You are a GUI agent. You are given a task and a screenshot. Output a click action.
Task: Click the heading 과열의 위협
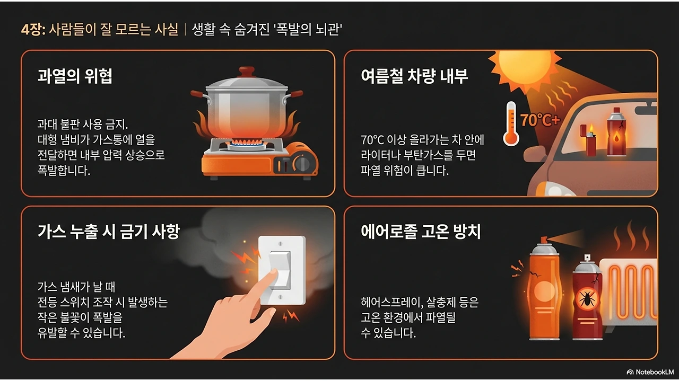pos(75,76)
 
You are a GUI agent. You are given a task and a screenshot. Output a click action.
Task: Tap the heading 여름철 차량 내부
pos(414,76)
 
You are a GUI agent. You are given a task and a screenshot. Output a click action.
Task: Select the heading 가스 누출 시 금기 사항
pos(109,231)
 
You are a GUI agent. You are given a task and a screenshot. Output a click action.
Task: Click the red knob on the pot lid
pos(246,72)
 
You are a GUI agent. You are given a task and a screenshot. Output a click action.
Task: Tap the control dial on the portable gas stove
pos(303,162)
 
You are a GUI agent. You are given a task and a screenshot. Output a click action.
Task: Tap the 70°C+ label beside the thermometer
pos(540,120)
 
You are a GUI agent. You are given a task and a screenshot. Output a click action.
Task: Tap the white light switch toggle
pos(280,269)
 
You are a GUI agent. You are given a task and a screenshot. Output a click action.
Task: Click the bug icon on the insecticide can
pos(587,299)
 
